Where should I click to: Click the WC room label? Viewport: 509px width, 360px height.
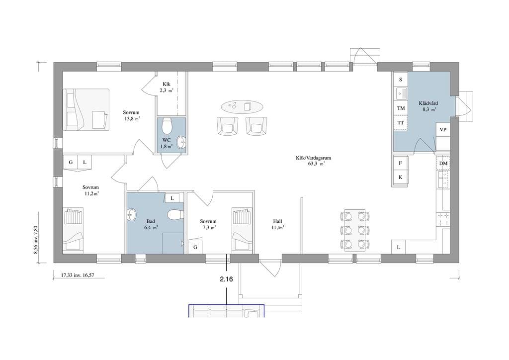[x=167, y=140]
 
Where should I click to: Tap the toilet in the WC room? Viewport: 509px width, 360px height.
[x=167, y=126]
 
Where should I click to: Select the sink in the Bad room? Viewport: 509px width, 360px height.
[x=132, y=215]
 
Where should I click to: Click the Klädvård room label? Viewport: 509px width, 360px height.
[x=428, y=103]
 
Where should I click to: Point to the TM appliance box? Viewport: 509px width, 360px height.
[x=401, y=108]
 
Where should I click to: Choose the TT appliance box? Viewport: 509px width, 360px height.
[x=401, y=123]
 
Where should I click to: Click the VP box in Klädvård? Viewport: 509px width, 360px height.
[x=443, y=129]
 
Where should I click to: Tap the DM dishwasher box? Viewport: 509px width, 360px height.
[x=443, y=164]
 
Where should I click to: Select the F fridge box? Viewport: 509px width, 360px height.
[x=401, y=163]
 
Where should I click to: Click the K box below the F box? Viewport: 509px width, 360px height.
[x=401, y=178]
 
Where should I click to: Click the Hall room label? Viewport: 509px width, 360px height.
[x=277, y=221]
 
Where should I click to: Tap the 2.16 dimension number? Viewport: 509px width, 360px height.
[x=226, y=279]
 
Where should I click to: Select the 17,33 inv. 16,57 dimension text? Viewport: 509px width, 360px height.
[x=78, y=275]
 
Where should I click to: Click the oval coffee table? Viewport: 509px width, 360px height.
[x=242, y=106]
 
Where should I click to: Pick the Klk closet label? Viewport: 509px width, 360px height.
[x=167, y=85]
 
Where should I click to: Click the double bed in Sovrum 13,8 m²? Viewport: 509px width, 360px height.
[x=86, y=109]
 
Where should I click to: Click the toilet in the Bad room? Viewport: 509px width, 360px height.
[x=174, y=215]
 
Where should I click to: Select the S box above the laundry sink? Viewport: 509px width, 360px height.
[x=401, y=80]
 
